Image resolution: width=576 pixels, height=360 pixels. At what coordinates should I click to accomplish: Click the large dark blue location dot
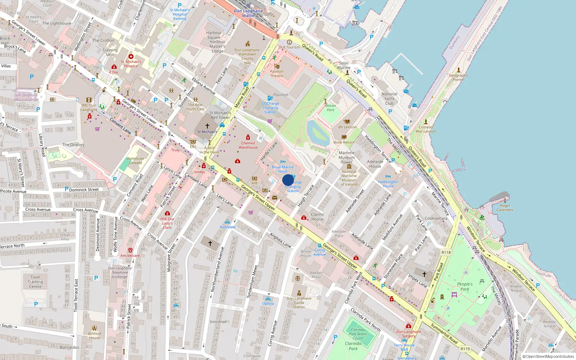(x=288, y=180)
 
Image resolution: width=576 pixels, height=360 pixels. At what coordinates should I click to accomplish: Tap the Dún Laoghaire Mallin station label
(x=248, y=13)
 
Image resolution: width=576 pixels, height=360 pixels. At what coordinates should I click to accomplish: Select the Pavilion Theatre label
(x=276, y=73)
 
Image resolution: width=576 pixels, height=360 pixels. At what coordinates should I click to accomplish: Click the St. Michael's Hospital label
(x=131, y=64)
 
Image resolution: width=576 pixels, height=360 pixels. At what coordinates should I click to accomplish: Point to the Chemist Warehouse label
(x=248, y=145)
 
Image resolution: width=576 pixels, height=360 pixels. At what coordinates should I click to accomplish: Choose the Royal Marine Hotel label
(x=283, y=169)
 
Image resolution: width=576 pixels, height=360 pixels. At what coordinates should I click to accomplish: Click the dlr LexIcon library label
(x=347, y=127)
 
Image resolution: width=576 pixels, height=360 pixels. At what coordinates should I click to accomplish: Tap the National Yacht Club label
(x=389, y=99)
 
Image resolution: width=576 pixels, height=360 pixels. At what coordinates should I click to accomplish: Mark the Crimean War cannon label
(x=426, y=129)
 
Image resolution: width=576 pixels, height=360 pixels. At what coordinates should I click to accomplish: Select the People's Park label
(x=465, y=287)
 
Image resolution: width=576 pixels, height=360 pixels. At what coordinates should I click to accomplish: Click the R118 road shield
(x=446, y=252)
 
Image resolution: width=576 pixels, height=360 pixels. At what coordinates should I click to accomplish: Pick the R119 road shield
(x=465, y=348)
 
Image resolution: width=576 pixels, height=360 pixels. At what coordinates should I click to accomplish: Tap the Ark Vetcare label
(x=130, y=256)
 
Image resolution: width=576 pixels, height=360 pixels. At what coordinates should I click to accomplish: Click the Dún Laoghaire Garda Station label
(x=299, y=302)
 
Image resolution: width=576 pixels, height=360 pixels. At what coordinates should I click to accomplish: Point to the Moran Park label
(x=330, y=108)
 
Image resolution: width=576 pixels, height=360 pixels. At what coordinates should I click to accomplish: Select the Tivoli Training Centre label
(x=35, y=282)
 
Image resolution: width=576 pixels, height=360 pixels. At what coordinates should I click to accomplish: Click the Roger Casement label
(x=505, y=208)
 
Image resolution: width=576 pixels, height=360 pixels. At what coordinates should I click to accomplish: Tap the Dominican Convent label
(x=135, y=161)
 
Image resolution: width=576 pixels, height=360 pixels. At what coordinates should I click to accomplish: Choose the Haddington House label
(x=388, y=184)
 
